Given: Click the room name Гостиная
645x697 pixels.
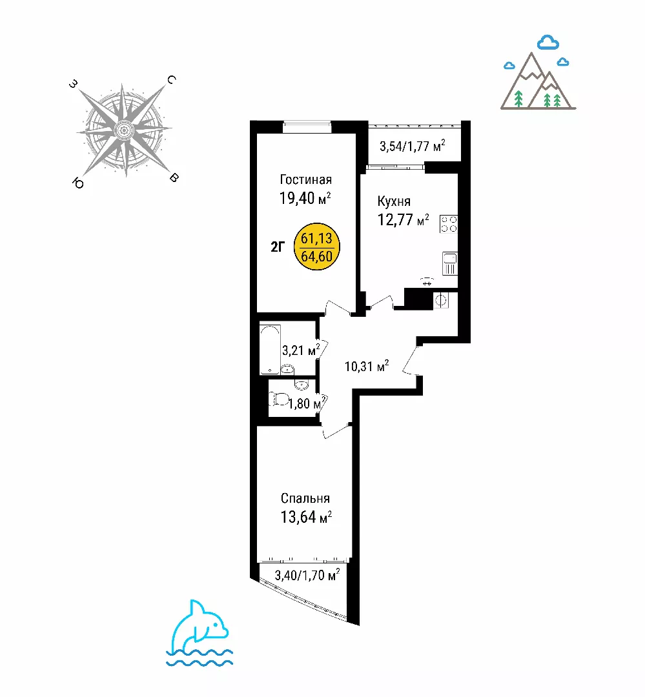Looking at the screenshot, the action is (305, 179).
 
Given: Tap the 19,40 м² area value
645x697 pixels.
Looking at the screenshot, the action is (305, 198).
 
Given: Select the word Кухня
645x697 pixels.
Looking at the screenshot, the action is (394, 201).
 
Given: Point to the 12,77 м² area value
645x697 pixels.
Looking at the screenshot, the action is (403, 219).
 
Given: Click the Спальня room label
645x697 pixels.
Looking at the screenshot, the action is (305, 498).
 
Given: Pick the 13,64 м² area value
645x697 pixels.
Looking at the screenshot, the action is (306, 517).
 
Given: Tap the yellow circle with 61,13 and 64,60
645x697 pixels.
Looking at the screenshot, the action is (317, 247).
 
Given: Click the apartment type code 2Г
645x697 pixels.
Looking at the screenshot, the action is (278, 247).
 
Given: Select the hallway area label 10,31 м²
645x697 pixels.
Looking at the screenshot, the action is (367, 367).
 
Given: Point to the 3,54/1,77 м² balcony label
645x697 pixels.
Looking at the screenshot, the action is (412, 146).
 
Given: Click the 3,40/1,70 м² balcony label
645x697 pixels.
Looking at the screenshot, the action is (307, 575).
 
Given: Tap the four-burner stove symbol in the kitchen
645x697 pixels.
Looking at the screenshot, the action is (448, 223).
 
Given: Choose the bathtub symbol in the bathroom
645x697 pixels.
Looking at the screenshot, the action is (270, 350).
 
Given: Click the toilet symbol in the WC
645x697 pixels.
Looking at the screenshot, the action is (278, 399).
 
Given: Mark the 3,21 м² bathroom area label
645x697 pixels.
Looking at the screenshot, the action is (301, 350).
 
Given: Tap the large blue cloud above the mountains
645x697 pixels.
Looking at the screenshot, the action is (548, 42).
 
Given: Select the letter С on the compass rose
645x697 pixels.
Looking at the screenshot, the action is (171, 80).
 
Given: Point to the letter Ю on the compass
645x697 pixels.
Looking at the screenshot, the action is (78, 183).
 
